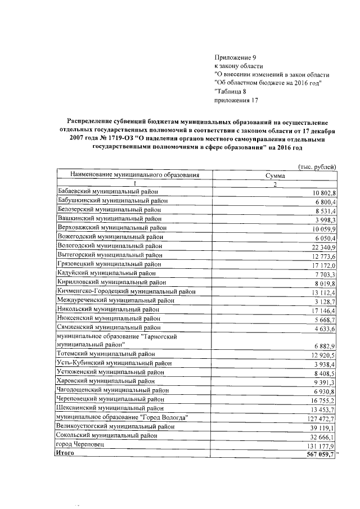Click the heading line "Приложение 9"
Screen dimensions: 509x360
(x=235, y=57)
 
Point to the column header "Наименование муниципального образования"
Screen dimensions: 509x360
(x=128, y=175)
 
